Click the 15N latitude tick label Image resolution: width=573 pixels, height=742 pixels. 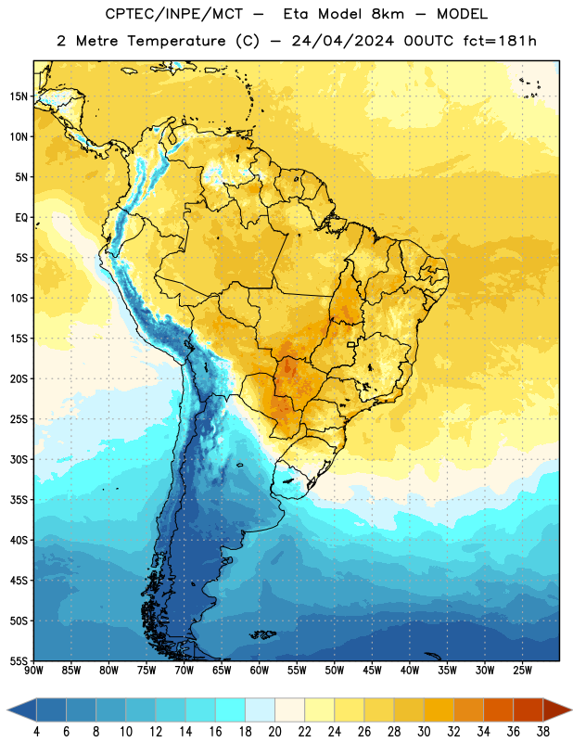19,96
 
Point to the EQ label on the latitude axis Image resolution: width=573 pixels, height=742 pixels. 21,218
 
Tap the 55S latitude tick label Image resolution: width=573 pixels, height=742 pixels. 19,661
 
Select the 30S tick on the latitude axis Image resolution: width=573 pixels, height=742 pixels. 19,459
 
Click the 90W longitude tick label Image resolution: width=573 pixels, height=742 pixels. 33,670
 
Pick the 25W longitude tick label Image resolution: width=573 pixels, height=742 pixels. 522,670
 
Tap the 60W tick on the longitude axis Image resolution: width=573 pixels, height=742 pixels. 260,670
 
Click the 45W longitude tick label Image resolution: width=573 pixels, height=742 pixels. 372,670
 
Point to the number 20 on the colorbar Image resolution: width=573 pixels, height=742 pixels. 274,732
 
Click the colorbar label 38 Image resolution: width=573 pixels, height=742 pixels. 543,732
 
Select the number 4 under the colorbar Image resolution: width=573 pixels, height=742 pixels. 36,732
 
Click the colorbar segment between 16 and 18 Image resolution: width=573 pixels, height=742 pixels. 231,710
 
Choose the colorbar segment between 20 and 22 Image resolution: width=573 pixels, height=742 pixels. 290,710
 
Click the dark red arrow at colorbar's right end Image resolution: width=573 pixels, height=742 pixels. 557,710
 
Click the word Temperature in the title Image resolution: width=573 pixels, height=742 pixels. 176,41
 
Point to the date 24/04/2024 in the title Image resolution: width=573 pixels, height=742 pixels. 342,41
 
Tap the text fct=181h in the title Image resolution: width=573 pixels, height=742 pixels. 500,41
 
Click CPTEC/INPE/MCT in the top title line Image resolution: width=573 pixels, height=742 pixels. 174,14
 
